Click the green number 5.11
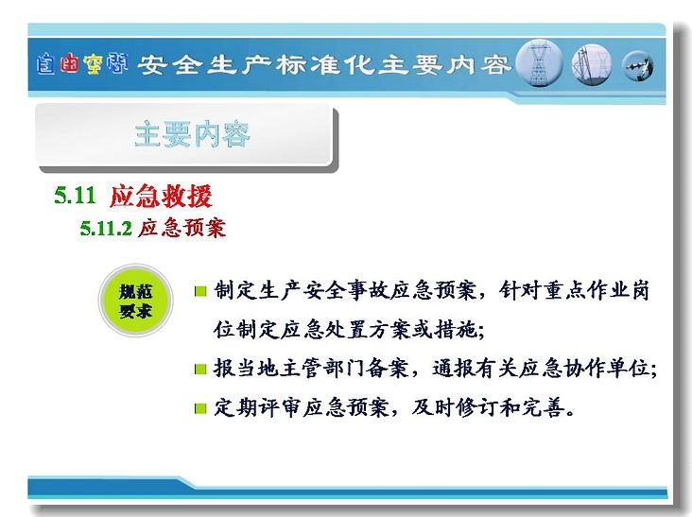[x=75, y=196]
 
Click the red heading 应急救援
[x=161, y=196]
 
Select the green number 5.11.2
[x=106, y=229]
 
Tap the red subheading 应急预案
[x=182, y=228]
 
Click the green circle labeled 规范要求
[x=135, y=301]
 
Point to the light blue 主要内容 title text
[x=192, y=134]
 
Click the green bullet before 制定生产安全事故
[x=200, y=291]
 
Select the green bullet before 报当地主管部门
[x=200, y=369]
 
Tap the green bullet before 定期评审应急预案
[x=200, y=408]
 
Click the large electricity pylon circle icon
[x=539, y=63]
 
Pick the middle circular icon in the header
[x=592, y=65]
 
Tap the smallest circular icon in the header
[x=638, y=66]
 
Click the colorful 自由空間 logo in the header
[x=82, y=64]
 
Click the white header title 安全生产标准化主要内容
[x=324, y=65]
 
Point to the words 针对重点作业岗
[x=574, y=291]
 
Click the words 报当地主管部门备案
[x=311, y=369]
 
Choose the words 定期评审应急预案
[x=301, y=407]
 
